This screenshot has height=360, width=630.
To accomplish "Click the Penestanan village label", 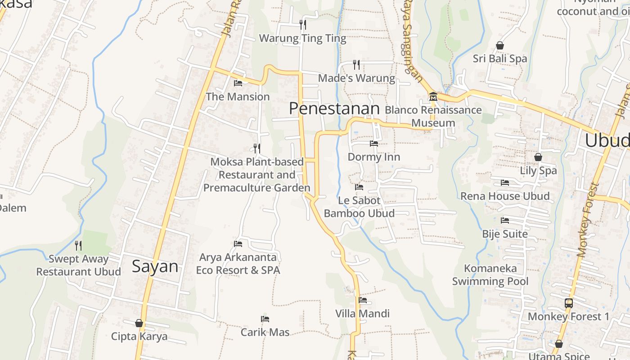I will coord(334,108).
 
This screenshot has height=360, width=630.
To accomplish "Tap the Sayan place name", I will coord(155,266).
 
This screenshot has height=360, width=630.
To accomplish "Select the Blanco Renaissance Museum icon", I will coord(433,96).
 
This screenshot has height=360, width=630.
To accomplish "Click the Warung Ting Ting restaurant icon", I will coord(303,24).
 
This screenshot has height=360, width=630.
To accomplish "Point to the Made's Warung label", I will coord(356,78).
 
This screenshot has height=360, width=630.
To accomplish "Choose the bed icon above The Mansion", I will coord(238,83).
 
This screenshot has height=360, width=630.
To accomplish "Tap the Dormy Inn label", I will coord(373,157).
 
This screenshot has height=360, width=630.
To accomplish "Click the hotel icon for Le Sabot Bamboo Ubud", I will coord(359,187).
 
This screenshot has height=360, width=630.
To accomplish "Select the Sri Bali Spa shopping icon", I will coord(499,45).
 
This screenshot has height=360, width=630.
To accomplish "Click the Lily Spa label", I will coord(538,171).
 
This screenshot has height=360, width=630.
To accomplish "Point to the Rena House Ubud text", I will coord(505,196).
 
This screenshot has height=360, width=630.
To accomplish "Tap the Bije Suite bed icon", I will coord(505,220).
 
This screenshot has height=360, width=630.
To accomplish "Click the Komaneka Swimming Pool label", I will coord(490,275).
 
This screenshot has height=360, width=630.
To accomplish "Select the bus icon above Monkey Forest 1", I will coord(569,303).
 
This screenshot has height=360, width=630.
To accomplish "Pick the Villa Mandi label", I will coord(362,314).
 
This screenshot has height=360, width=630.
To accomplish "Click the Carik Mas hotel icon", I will coord(265,319).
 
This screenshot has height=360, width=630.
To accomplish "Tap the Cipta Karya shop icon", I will coord(139,323).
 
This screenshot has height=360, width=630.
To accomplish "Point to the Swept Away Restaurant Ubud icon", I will coord(78,245).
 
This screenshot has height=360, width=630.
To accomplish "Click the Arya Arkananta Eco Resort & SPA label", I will coord(238,264).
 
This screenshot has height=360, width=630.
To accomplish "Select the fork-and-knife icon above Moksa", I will coord(257,148).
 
